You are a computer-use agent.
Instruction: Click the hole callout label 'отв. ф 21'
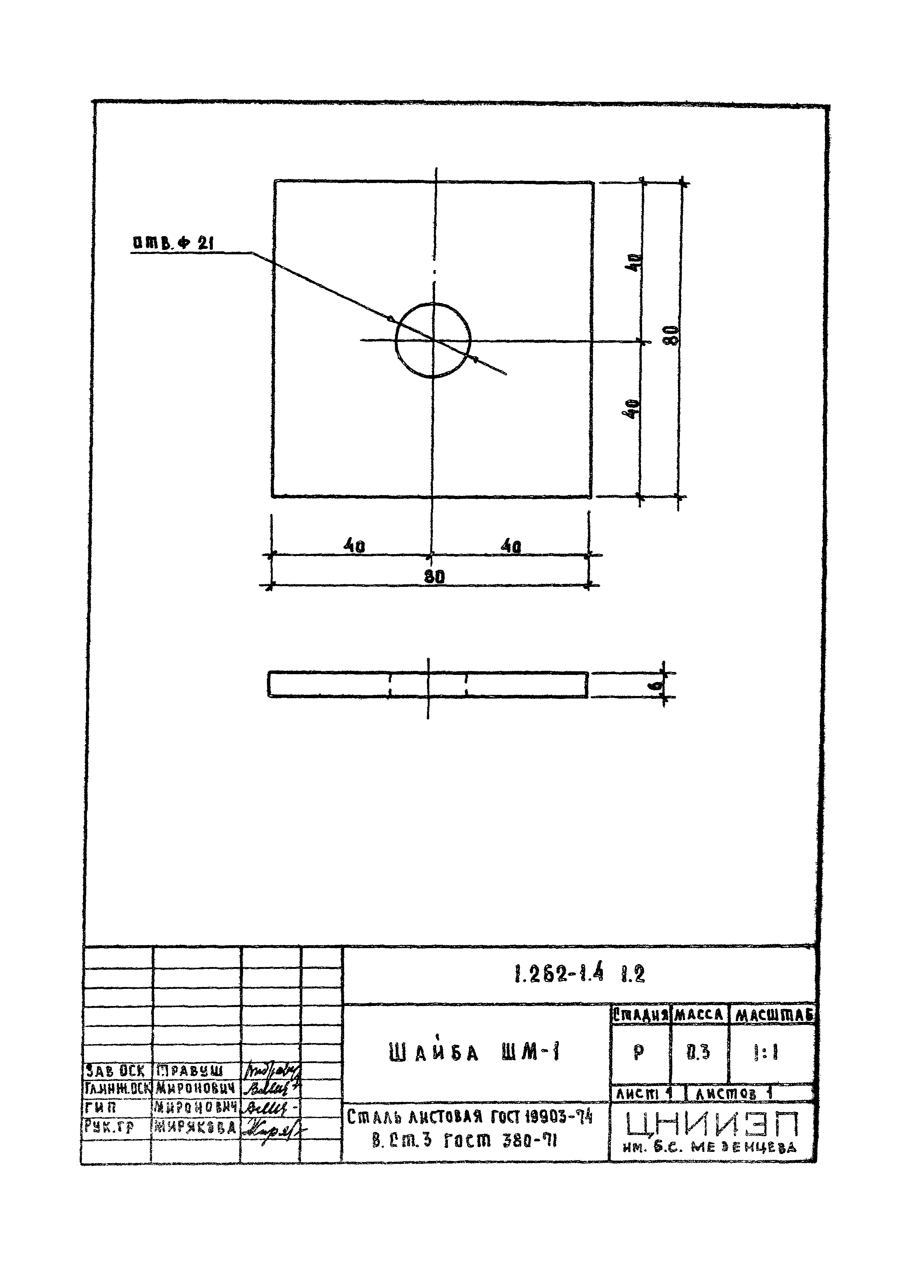coord(173,243)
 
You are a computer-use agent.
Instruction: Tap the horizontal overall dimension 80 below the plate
coord(435,577)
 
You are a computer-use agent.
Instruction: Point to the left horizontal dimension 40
coord(354,546)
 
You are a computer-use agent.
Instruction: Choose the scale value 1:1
coord(766,1052)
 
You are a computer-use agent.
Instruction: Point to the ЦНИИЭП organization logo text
coord(712,1123)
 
